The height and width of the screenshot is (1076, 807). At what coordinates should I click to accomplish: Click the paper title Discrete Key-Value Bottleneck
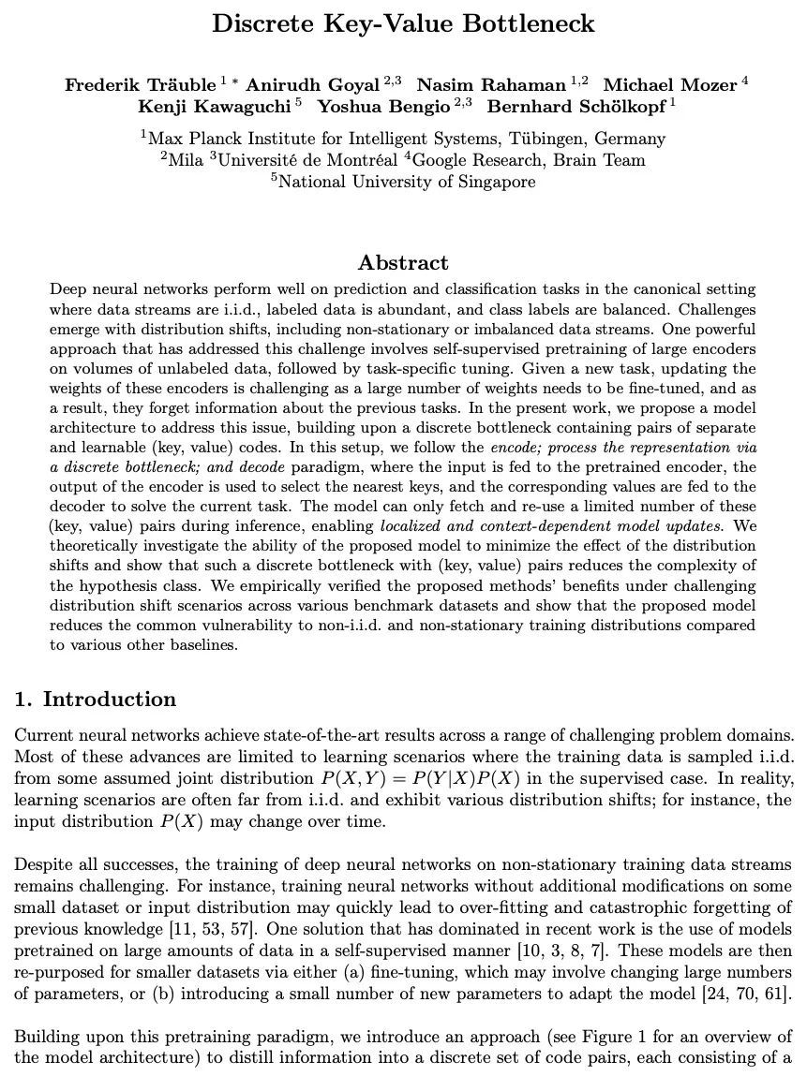pos(403,24)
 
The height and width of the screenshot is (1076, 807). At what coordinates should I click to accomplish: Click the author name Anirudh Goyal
pos(313,85)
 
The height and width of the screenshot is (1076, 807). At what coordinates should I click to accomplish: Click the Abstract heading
pos(403,262)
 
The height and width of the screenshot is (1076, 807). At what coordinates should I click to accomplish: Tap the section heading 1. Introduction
pos(96,700)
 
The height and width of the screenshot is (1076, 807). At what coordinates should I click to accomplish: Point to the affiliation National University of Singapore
pos(407,182)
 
